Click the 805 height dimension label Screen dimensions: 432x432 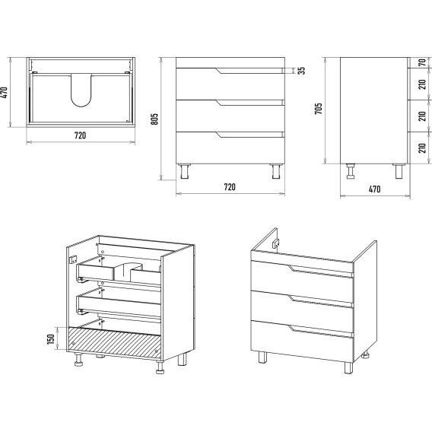coord(154,119)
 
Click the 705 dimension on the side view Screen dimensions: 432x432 coord(318,109)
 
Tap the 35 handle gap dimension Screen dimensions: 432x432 coord(302,71)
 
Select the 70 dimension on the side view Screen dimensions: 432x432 coord(422,62)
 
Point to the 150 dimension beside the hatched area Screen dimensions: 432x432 coord(51,339)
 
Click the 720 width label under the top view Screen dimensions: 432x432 coord(80,135)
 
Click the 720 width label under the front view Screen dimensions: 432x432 coord(230,187)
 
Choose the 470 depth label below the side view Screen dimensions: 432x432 coord(374,189)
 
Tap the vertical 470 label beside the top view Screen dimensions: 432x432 coord(5,93)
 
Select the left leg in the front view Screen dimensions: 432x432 coord(184,171)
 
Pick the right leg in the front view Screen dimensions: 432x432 coord(276,171)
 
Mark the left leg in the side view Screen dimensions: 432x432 coord(351,171)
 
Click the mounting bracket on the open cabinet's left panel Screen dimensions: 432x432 coord(73,259)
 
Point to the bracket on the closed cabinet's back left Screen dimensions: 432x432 coord(275,243)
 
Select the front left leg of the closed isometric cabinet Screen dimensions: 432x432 coord(262,357)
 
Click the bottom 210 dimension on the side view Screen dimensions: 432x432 coord(422,148)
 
